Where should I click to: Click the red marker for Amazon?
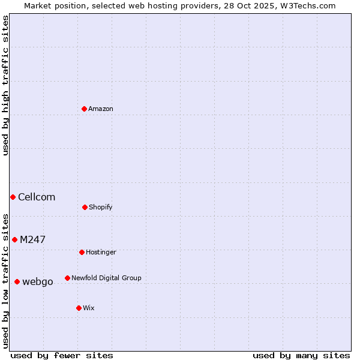85,109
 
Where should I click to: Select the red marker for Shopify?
85,207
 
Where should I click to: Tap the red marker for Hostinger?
82,252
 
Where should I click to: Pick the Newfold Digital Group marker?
68,278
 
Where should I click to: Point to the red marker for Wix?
79,308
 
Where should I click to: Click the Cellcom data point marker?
13,197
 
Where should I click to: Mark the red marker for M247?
15,239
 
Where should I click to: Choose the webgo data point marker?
17,281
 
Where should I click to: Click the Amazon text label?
101,109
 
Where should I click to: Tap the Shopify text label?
101,208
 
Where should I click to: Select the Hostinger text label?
101,253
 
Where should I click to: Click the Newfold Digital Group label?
106,278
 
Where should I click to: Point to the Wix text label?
89,308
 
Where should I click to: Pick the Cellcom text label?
37,197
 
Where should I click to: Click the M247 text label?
32,240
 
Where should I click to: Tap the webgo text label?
38,282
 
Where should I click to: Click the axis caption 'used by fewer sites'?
62,355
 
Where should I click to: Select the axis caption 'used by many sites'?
301,355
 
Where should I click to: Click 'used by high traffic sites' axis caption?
5,85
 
